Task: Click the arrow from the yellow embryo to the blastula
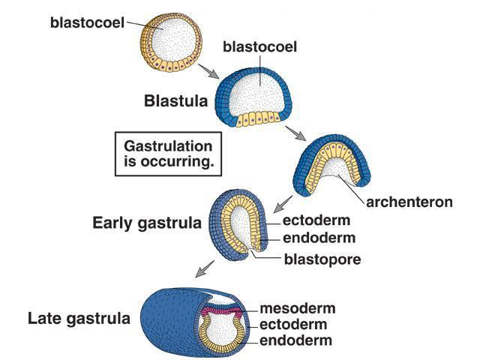210,73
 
